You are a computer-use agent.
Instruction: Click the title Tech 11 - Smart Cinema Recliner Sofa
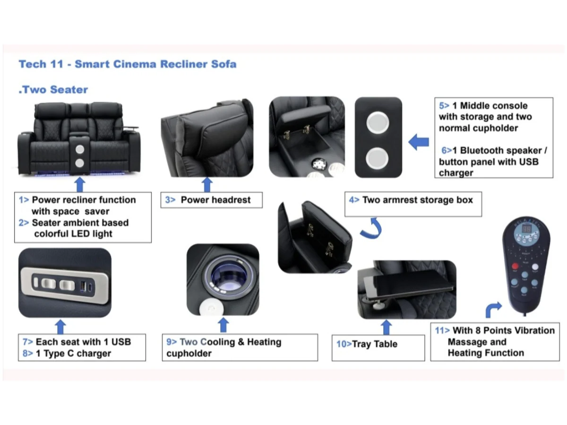(x=127, y=64)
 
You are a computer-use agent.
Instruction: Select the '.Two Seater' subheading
(x=53, y=89)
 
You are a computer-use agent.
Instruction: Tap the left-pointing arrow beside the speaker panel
(x=419, y=142)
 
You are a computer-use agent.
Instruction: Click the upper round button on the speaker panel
(x=378, y=122)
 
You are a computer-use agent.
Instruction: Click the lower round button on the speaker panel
(x=378, y=158)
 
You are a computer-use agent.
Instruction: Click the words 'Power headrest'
(x=215, y=200)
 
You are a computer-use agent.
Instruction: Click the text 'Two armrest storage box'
(x=418, y=200)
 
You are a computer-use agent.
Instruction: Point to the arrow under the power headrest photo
(x=207, y=185)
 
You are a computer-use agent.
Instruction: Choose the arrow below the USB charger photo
(x=60, y=326)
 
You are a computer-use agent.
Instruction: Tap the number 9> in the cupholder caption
(x=171, y=342)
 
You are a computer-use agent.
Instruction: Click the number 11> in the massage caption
(x=442, y=331)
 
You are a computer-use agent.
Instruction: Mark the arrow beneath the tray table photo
(x=386, y=327)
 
